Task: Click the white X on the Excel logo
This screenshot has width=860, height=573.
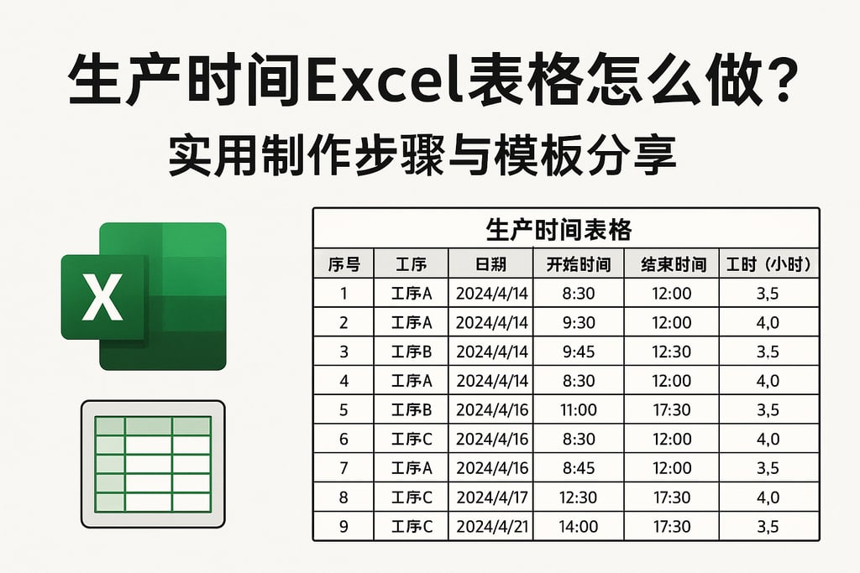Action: pos(103,299)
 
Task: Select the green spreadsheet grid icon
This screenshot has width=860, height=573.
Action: pos(152,463)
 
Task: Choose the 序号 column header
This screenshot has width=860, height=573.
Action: pos(343,265)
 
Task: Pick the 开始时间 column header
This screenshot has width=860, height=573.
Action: pos(578,265)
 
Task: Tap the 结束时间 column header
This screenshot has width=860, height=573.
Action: pos(672,265)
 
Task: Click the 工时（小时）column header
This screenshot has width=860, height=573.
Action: pos(768,265)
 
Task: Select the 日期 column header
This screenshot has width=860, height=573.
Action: pos(491,265)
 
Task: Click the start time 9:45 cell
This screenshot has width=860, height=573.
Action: pos(578,352)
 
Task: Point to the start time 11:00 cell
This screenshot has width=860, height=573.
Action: pos(578,410)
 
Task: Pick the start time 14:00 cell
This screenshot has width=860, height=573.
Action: pos(578,527)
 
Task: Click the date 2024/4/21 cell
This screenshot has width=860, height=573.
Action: pos(491,527)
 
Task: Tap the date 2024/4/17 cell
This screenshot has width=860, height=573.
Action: pos(491,497)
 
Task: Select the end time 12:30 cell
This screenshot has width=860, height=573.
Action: pos(672,352)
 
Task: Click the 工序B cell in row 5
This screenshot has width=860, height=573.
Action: pos(412,410)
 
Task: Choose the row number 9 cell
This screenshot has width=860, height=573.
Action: pos(343,527)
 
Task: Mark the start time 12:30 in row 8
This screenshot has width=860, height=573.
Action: pos(578,497)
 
